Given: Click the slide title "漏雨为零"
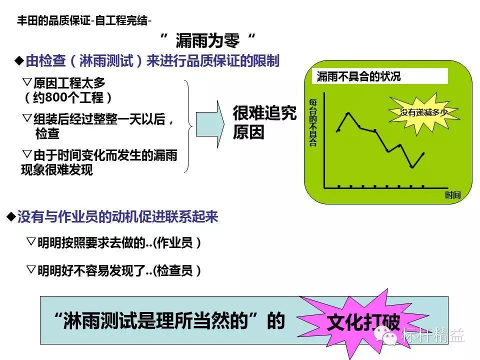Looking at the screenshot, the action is point(207,40).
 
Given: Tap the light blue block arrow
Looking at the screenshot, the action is point(210,124).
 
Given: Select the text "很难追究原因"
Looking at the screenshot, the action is point(264,122).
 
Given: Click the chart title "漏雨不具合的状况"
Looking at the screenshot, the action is point(358,76).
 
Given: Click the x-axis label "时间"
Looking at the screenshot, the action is point(453,195).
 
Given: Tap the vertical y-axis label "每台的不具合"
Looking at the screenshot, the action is point(312,122).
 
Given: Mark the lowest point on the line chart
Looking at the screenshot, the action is point(412,167).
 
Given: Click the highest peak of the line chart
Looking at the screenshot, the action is point(348,113).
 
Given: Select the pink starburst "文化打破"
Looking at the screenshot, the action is point(363,322).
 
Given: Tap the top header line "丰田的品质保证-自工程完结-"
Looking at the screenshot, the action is point(84,21).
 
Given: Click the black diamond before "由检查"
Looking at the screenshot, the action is point(19,60).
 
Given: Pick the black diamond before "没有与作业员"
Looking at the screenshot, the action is point(11,216).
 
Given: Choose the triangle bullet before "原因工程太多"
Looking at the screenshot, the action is point(27,81).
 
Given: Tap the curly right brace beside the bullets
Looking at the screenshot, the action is point(187,126).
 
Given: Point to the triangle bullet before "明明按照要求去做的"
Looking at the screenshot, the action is point(31,241).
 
